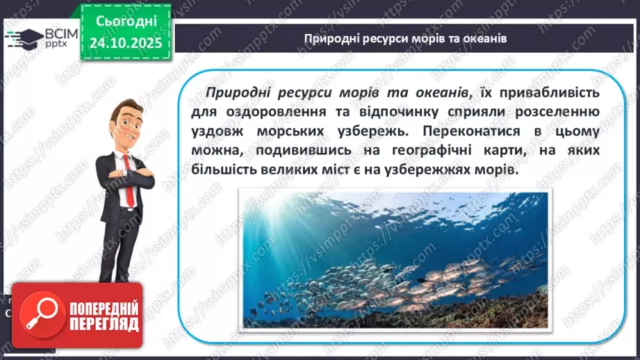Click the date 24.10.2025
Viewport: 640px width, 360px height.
(125, 42)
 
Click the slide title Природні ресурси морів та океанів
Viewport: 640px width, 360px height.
(405, 38)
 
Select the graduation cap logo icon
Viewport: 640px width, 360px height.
(22, 39)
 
